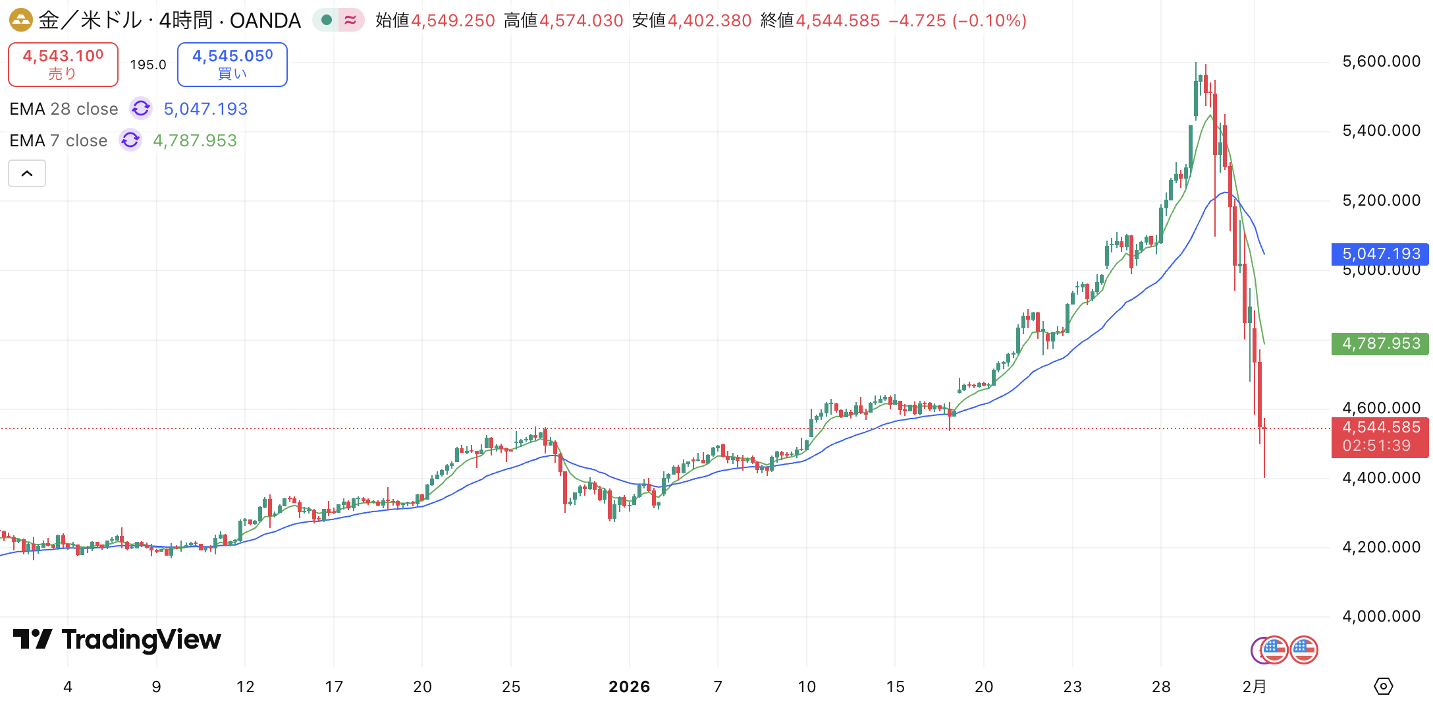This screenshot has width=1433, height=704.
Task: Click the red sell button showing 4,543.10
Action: [x=63, y=65]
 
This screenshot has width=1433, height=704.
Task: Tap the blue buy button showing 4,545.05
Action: [x=232, y=65]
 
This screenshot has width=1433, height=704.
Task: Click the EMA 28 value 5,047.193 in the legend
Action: [x=205, y=109]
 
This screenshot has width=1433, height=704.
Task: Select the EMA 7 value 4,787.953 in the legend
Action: [x=195, y=140]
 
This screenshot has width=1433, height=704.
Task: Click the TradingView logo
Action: [x=117, y=639]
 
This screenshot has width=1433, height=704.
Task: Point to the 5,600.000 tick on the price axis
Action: [x=1381, y=62]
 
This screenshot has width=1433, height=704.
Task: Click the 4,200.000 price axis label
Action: [x=1381, y=547]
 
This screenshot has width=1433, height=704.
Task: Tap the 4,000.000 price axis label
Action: [x=1381, y=616]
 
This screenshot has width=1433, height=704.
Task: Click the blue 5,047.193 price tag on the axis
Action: [x=1380, y=254]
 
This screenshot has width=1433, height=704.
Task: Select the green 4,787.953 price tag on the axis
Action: [x=1380, y=343]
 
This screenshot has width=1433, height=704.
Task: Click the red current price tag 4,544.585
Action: [x=1380, y=428]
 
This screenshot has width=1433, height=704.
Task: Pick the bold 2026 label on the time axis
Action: [x=629, y=687]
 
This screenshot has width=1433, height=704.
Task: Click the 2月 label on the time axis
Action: [x=1254, y=687]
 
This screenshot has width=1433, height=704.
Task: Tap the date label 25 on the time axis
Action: [x=511, y=687]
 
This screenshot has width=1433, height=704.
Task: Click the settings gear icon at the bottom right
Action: [x=1384, y=686]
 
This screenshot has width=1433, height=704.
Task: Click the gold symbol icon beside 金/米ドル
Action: [x=20, y=20]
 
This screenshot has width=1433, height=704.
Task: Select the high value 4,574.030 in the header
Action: [x=581, y=20]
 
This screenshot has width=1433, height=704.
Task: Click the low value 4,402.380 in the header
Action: [x=709, y=20]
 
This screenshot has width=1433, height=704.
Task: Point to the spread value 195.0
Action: [x=148, y=65]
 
